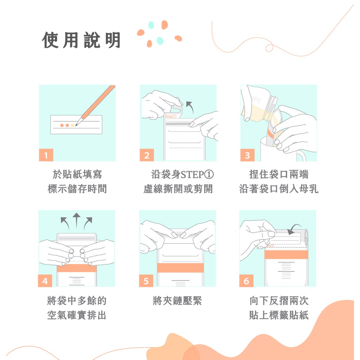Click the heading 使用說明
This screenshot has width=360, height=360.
pyautogui.click(x=81, y=40)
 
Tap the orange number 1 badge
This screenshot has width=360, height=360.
pyautogui.click(x=46, y=155)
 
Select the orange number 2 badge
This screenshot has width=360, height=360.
pyautogui.click(x=147, y=155)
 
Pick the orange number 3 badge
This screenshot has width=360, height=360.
pyautogui.click(x=247, y=155)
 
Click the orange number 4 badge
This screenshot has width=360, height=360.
pyautogui.click(x=45, y=281)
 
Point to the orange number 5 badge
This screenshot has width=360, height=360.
pyautogui.click(x=146, y=281)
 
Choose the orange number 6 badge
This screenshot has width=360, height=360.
pyautogui.click(x=246, y=281)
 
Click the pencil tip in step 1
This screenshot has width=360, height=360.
pyautogui.click(x=76, y=126)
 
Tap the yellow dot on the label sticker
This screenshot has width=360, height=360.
pyautogui.click(x=72, y=126)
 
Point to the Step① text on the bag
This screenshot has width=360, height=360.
pyautogui.click(x=171, y=116)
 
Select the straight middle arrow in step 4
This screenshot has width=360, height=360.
pyautogui.click(x=76, y=220)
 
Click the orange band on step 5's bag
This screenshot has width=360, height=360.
pyautogui.click(x=180, y=268)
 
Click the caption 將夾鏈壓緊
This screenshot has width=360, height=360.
pyautogui.click(x=177, y=301)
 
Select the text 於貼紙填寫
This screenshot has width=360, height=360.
pyautogui.click(x=77, y=174)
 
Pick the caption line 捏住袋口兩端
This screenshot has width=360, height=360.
pyautogui.click(x=279, y=174)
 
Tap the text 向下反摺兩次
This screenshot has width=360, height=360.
pyautogui.click(x=279, y=301)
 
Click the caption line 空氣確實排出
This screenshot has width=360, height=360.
pyautogui.click(x=77, y=315)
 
